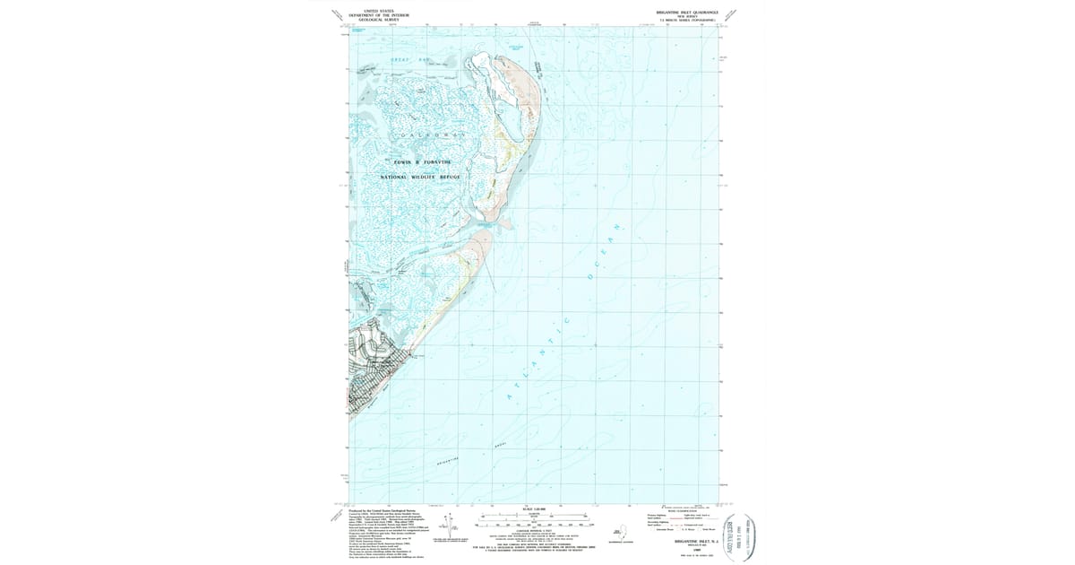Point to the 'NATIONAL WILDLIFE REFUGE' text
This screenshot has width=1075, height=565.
(420, 177)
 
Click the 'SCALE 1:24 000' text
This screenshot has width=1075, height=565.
(534, 509)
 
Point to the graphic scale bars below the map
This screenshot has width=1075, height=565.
(536, 519)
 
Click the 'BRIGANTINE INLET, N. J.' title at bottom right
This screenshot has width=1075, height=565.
(685, 543)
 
